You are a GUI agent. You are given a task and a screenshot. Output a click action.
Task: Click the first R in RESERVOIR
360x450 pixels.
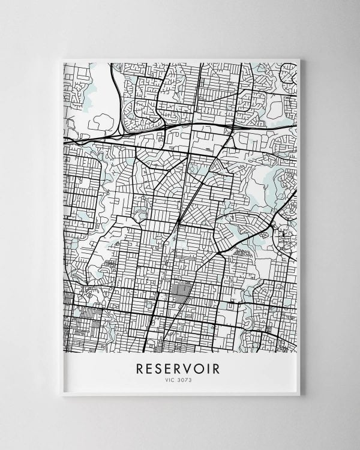[140, 367]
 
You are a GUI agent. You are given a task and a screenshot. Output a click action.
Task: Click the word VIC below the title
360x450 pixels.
[172, 379]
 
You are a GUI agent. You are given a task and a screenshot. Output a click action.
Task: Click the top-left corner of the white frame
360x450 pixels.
[62, 59]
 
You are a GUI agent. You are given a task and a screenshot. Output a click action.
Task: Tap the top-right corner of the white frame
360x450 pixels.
[299, 59]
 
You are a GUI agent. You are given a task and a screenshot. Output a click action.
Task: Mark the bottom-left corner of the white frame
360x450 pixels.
[62, 395]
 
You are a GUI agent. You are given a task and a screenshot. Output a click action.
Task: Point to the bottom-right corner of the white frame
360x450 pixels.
[299, 395]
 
